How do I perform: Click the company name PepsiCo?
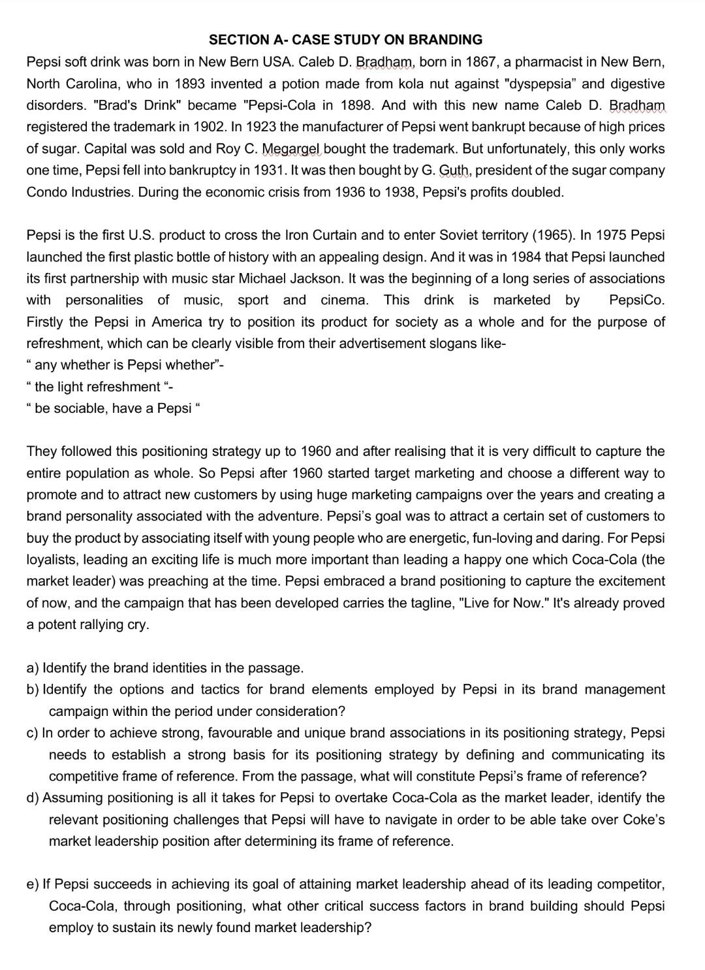[x=636, y=300]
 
